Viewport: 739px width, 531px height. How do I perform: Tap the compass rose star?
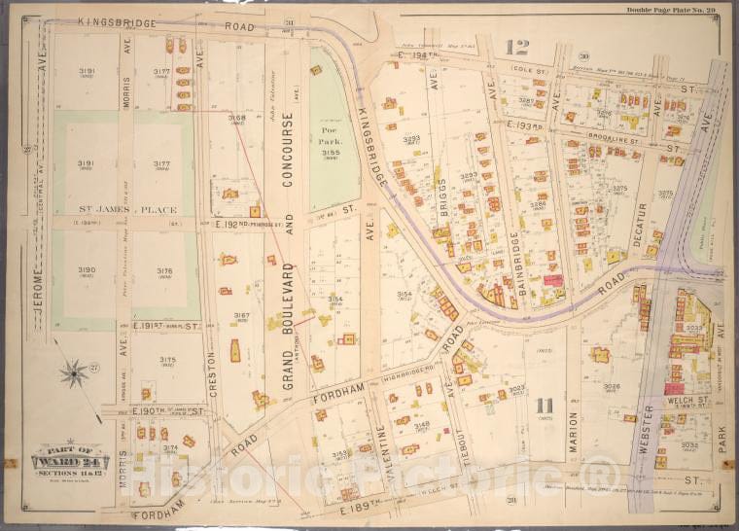[73, 372]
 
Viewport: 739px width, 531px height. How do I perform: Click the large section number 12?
[516, 47]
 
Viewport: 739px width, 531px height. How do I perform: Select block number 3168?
[237, 119]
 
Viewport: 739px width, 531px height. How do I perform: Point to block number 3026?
[612, 386]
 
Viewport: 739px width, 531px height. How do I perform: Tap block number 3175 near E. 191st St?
[167, 361]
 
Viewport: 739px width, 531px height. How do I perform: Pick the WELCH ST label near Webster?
[686, 399]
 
